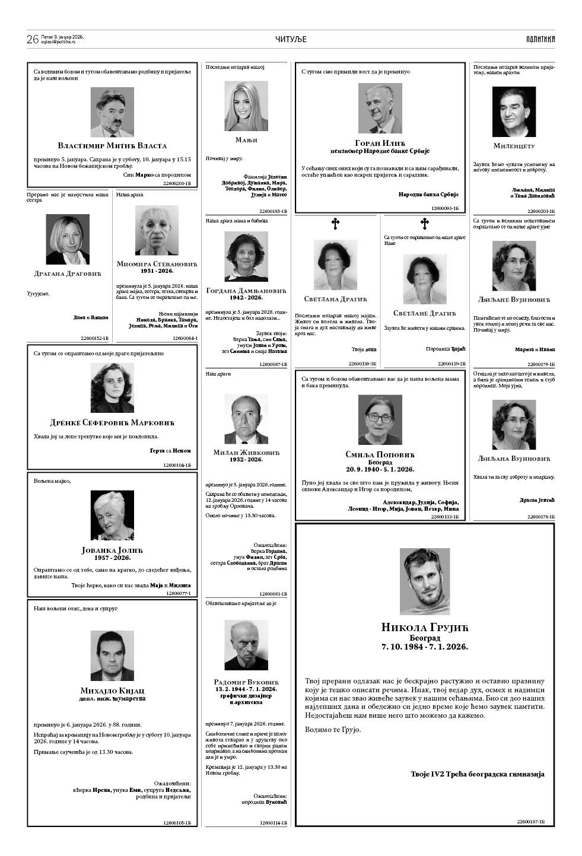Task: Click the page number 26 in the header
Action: click(32, 39)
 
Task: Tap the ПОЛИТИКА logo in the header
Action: click(540, 39)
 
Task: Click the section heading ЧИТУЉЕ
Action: click(291, 39)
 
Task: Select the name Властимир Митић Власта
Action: click(112, 145)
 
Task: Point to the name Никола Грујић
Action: click(425, 628)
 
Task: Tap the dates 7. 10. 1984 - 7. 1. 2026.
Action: click(425, 647)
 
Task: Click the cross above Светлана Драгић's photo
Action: click(335, 224)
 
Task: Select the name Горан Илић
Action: click(380, 142)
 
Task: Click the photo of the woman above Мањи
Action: click(246, 107)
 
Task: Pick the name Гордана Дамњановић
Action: click(246, 291)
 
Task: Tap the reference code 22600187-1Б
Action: click(530, 822)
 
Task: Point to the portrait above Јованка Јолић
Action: click(112, 515)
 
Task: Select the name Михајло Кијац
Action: click(112, 690)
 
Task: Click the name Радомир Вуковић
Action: click(246, 682)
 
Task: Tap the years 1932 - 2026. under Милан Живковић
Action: click(246, 460)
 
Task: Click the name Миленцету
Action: click(514, 145)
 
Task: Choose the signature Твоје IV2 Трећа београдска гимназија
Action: click(477, 774)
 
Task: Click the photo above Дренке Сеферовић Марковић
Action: click(112, 387)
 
